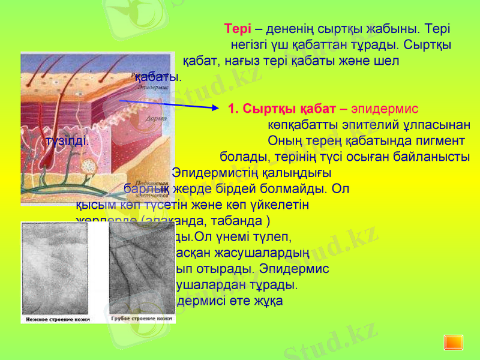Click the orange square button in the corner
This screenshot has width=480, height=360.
[453, 341]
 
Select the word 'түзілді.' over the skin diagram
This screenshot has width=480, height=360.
[67, 142]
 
